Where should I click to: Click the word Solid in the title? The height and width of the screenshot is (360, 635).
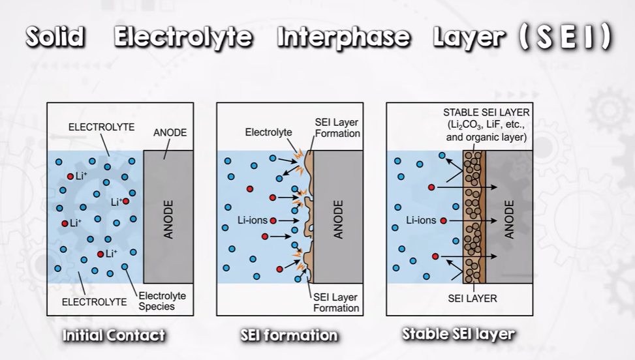55,37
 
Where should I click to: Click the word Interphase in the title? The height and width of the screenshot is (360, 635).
344,38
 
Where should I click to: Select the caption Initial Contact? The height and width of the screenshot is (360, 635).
114,335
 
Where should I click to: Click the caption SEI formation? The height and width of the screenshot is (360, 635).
288,335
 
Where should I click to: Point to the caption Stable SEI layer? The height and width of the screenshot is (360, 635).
458,335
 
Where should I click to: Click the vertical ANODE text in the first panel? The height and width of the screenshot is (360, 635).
168,219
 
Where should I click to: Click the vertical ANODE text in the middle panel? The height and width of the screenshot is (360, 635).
338,219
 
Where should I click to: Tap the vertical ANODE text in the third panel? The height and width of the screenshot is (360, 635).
509,219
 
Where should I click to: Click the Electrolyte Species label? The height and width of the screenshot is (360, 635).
162,301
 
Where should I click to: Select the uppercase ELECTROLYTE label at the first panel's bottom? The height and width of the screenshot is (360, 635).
95,302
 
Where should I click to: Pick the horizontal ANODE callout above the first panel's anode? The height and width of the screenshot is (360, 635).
170,132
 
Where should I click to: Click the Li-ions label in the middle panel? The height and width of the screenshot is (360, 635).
253,220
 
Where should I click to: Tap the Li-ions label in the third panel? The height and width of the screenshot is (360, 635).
421,220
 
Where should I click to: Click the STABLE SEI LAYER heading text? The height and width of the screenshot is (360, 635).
486,112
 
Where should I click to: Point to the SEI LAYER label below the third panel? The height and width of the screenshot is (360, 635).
472,299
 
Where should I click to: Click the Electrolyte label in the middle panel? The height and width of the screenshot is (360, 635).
268,132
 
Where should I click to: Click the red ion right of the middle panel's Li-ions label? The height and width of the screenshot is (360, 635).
273,221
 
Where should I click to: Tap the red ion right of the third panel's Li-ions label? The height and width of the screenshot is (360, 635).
443,221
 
